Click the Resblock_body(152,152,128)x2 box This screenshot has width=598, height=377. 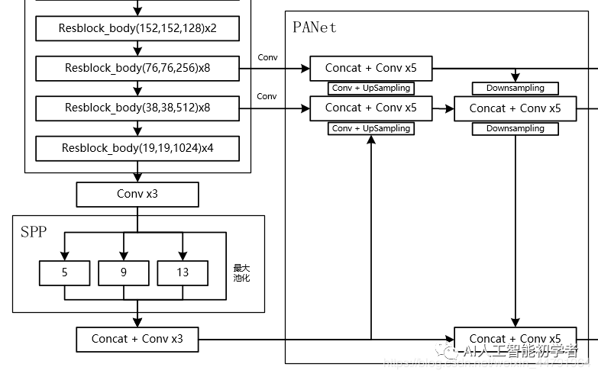137,28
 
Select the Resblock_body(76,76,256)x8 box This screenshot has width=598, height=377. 137,68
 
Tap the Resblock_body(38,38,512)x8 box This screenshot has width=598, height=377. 137,108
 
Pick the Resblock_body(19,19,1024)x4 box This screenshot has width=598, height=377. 137,148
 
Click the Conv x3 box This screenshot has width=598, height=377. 137,194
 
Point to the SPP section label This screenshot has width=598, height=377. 33,232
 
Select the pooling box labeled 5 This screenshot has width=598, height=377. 64,272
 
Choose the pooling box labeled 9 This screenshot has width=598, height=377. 123,272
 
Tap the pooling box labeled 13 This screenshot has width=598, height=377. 182,272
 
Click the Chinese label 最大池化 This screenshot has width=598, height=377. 241,273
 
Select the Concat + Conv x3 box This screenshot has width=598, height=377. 137,339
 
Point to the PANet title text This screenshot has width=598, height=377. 314,27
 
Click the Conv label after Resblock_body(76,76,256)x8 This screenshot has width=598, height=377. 267,57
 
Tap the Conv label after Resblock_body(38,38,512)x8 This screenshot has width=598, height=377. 267,96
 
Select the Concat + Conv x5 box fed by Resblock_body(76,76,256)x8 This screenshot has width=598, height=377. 370,68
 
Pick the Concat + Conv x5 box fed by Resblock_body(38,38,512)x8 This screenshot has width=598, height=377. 370,108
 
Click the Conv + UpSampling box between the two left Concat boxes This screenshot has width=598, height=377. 371,89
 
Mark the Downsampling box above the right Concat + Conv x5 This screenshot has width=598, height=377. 515,89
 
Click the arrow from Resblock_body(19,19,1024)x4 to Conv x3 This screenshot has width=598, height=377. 137,172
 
